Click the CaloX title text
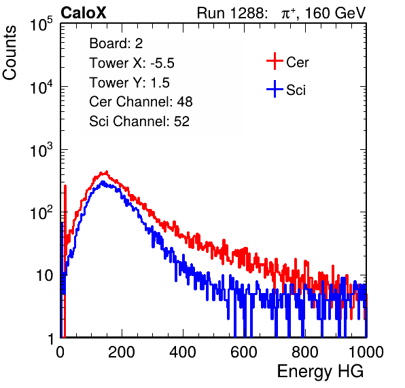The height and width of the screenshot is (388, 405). pos(84,13)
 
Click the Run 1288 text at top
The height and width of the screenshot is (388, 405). pos(230,13)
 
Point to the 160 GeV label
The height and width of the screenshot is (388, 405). pos(336,13)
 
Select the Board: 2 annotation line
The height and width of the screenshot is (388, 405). pos(116,43)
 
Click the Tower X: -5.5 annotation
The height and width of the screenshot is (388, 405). pos(132,63)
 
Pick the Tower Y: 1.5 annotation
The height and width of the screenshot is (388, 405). pos(129,83)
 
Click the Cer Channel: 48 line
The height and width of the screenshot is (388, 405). pos(141,102)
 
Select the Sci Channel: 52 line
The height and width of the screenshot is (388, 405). pos(139,121)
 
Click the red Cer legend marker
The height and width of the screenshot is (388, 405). pos(275,61)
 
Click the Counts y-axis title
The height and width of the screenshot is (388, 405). pos(10,53)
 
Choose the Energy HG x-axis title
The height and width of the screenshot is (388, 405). pos(320,372)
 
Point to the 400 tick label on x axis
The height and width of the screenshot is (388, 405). pos(183,352)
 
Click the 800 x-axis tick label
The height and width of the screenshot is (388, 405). pos(305,352)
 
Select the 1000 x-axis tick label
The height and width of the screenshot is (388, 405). pos(366,352)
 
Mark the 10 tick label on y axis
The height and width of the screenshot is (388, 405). pos(45,275)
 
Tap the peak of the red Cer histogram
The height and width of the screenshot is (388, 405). pos(106,172)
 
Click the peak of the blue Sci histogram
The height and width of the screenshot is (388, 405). pos(103,182)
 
